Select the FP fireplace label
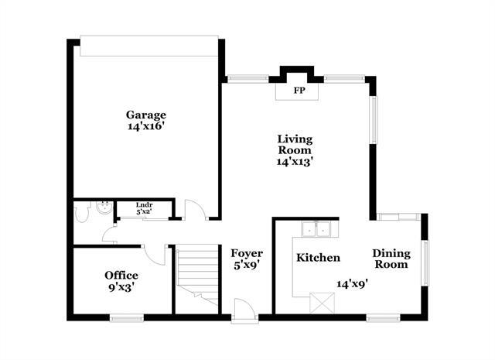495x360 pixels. (298, 90)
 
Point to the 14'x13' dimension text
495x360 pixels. (295, 162)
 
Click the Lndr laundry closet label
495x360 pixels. (144, 206)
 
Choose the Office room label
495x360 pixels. (121, 275)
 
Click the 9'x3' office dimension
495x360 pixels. (121, 287)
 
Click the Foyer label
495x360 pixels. (247, 253)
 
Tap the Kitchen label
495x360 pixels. (318, 257)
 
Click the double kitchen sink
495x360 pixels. (316, 228)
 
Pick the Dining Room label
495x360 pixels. (391, 259)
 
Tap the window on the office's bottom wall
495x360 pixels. (125, 317)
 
